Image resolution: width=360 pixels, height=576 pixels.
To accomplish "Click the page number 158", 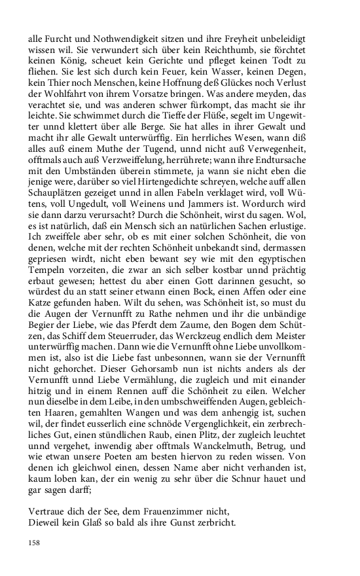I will click(35, 543).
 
